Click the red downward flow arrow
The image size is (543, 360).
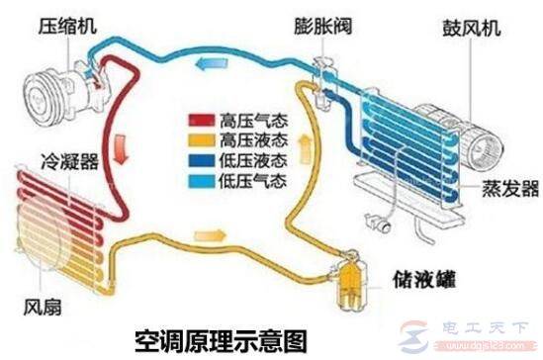121,153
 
